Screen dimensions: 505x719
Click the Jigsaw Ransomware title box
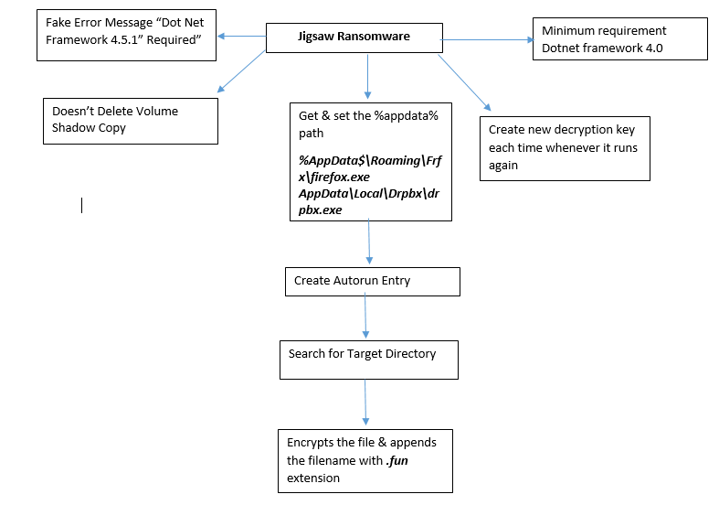(x=354, y=37)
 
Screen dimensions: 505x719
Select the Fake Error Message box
(x=127, y=36)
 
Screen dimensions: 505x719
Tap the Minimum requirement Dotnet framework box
(x=619, y=38)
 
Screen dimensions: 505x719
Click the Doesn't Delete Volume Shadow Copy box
(x=130, y=120)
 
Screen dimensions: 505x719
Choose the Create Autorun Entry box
(x=372, y=281)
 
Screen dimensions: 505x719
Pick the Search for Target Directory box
(x=367, y=360)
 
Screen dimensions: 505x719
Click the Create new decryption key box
(x=564, y=146)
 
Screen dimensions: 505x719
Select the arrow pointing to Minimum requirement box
(x=488, y=39)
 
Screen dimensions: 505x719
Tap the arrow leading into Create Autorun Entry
(x=369, y=242)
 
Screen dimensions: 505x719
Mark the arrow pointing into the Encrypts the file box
(x=365, y=403)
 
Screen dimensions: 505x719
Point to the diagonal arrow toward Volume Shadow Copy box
(x=242, y=71)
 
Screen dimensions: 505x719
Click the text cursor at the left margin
(x=82, y=205)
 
